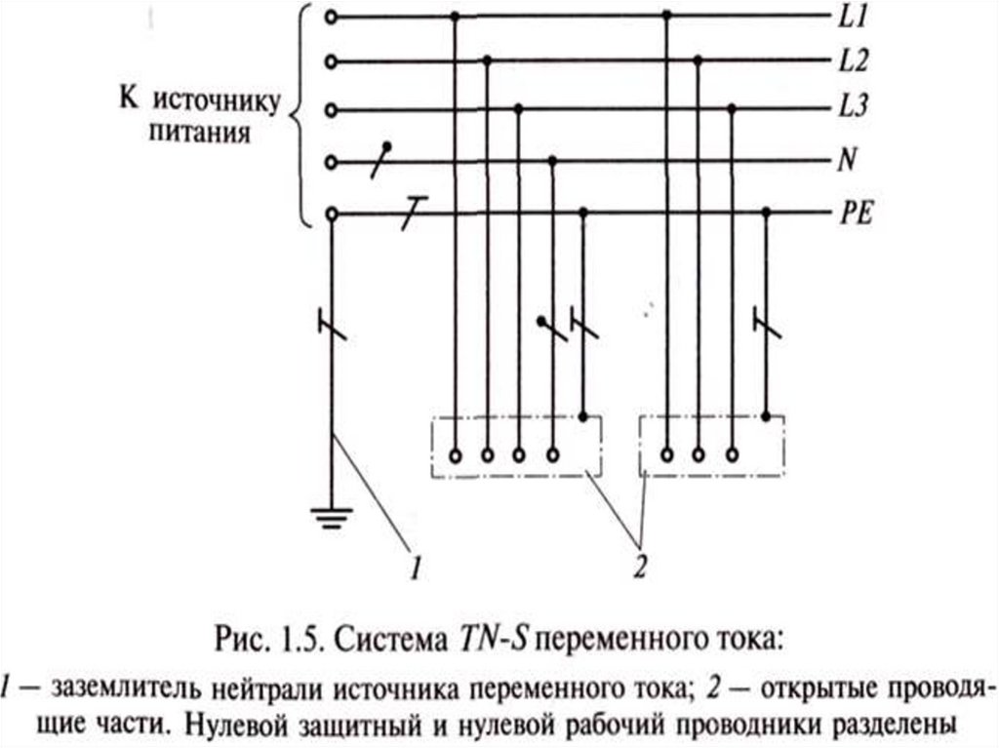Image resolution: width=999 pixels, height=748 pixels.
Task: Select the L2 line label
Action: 853,60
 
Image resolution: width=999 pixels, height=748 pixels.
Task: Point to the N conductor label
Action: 846,159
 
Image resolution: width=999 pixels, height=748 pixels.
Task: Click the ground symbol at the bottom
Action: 333,516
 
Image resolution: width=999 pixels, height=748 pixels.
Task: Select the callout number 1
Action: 414,566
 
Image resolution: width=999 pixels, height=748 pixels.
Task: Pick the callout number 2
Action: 640,566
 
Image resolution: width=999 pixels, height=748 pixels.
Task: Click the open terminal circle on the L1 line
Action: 333,17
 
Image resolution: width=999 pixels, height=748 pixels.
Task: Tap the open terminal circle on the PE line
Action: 333,213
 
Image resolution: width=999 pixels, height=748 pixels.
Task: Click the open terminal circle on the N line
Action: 333,160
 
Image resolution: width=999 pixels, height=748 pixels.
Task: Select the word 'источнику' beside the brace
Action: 219,99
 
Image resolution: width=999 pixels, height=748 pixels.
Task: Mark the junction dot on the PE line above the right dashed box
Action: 766,213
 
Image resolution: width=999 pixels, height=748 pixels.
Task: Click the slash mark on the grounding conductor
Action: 333,325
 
